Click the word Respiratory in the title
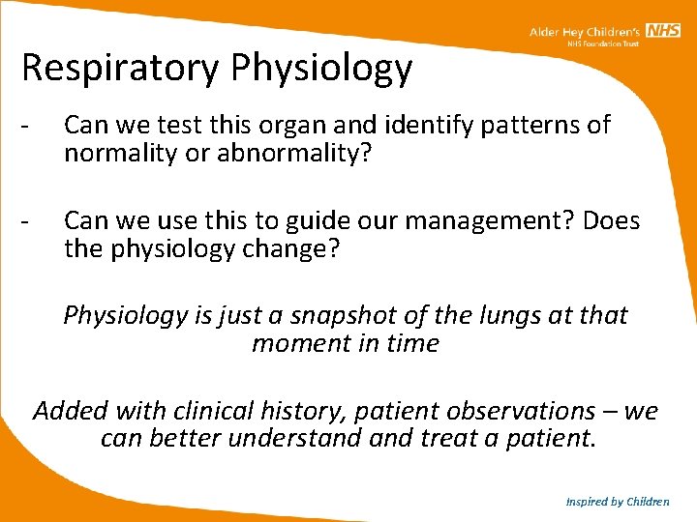[x=117, y=69]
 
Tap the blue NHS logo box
[x=664, y=31]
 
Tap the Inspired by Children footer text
[x=617, y=502]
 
